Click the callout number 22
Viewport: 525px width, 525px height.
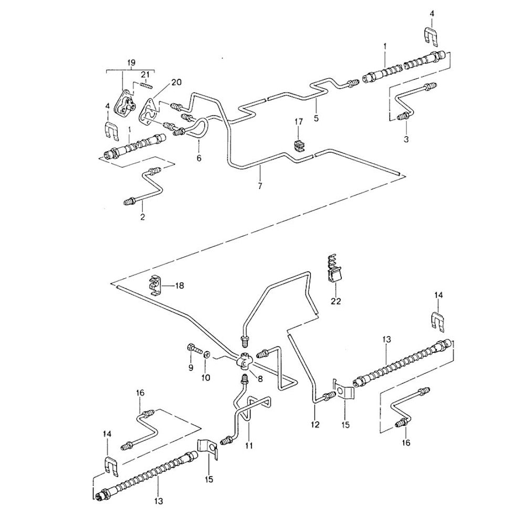[336, 301]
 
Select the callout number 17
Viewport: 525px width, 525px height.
[299, 122]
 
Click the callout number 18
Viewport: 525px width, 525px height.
[180, 286]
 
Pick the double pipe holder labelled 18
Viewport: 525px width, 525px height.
[155, 283]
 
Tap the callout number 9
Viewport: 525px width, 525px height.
[191, 367]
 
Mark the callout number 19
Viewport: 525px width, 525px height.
[131, 62]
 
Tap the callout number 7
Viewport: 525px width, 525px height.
[261, 186]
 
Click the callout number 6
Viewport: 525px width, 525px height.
[199, 157]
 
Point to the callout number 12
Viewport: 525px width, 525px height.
[316, 425]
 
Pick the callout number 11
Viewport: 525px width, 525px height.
[249, 446]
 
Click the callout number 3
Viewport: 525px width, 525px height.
[405, 139]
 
